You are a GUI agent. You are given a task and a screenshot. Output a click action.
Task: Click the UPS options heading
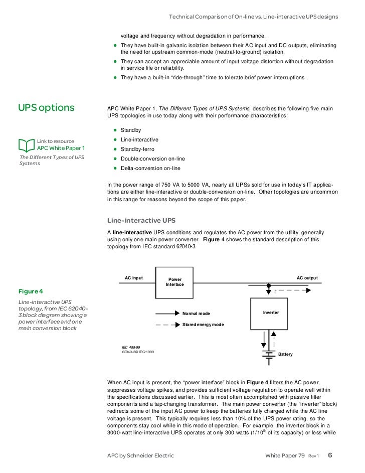tap(46, 108)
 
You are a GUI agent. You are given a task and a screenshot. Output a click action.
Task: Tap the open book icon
tap(27, 145)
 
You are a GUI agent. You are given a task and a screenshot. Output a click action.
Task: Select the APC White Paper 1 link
tap(61, 148)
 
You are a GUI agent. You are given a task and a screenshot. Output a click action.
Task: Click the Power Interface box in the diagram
tap(175, 282)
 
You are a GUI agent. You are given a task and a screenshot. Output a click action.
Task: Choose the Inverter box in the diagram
tap(271, 313)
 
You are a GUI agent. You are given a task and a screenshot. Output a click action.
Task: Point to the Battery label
tap(285, 355)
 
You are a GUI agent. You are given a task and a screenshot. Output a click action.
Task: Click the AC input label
tap(134, 278)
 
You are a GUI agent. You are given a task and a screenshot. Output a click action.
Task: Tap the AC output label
tap(307, 278)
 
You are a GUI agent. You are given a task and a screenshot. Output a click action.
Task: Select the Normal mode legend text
tap(196, 313)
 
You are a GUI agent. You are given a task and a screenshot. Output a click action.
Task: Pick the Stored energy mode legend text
tap(203, 325)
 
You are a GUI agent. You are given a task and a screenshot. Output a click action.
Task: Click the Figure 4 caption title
tap(31, 291)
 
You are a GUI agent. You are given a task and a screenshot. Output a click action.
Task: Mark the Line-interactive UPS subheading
tap(141, 221)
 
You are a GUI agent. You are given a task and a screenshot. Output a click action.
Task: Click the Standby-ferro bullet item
tap(137, 149)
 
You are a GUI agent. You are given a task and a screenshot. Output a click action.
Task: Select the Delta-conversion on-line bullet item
tap(150, 169)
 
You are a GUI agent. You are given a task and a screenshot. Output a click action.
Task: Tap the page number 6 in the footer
tap(330, 455)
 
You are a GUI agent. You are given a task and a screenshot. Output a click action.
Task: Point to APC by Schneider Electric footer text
tap(140, 455)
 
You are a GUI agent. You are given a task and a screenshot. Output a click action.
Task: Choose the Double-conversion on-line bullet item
tap(153, 159)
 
